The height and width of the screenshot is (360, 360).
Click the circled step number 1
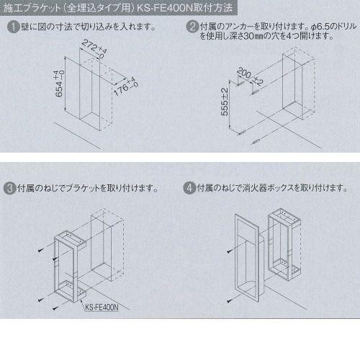(13, 27)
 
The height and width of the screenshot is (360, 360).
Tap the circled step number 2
(192, 27)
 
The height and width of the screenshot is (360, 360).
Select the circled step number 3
(9, 188)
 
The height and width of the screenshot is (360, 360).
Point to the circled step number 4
(189, 188)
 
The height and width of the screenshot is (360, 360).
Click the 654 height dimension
(59, 84)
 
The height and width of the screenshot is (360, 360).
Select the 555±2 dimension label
(225, 102)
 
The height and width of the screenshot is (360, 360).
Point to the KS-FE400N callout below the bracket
(102, 307)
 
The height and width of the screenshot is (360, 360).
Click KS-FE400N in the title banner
(165, 8)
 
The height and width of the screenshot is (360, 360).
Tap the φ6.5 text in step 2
(320, 27)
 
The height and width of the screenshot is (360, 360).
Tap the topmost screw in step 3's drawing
(41, 250)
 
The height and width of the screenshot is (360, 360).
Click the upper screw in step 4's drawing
(230, 251)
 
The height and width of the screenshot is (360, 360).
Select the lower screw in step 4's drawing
(230, 300)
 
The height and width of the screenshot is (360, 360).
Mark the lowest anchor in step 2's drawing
(255, 142)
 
